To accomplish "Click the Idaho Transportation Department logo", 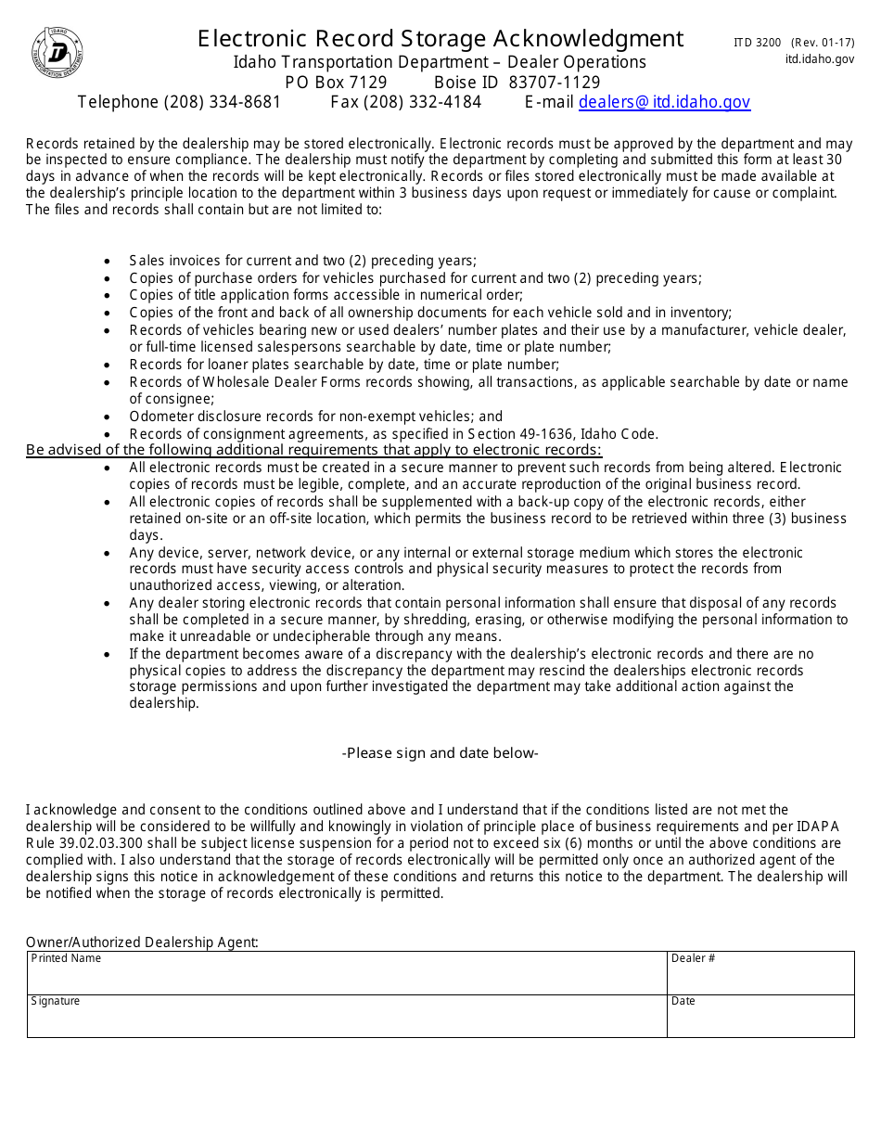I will [57, 53].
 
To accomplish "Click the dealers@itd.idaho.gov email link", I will [664, 102].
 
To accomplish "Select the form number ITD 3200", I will [757, 43].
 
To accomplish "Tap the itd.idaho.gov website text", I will [819, 59].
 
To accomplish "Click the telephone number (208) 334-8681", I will [222, 102].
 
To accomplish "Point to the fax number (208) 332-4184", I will [428, 102].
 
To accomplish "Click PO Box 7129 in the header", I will [336, 83].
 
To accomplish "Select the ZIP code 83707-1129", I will [554, 83].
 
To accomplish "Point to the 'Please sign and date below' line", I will [440, 753].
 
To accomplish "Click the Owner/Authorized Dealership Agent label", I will [142, 942].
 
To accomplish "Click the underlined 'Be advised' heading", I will [313, 450].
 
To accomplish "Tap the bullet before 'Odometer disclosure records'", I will [109, 417].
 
